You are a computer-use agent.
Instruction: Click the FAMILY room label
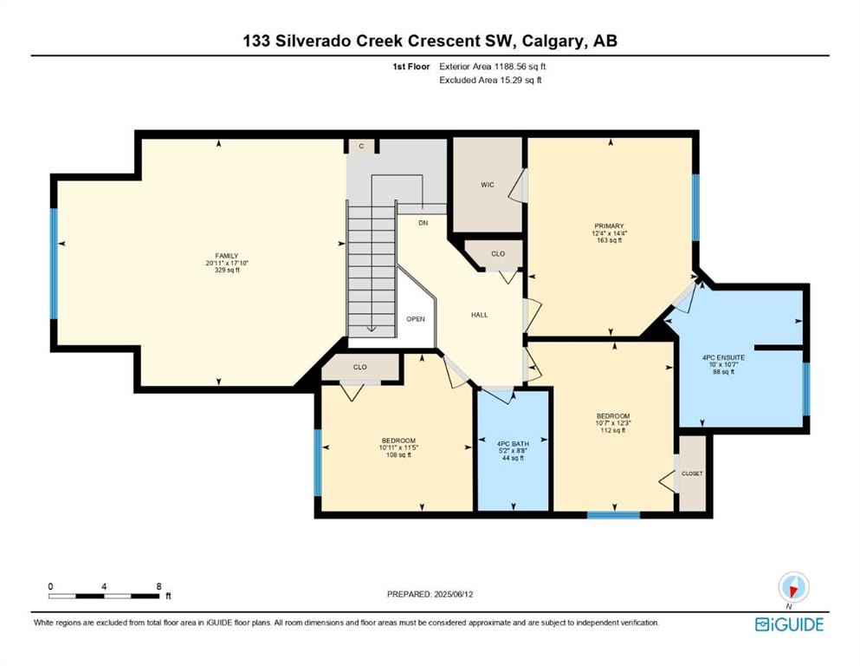(227, 256)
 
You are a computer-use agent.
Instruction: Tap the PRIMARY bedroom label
(610, 226)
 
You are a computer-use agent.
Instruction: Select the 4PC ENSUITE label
(723, 357)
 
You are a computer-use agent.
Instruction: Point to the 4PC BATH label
(513, 444)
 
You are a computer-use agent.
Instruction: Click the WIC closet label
(488, 185)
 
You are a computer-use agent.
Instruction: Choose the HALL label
(479, 315)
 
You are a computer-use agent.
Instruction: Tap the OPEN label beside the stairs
(415, 319)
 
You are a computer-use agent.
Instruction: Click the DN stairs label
(423, 223)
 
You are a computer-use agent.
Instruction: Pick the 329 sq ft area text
(227, 271)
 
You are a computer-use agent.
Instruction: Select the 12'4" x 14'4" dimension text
(610, 233)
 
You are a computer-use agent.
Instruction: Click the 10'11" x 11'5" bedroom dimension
(398, 447)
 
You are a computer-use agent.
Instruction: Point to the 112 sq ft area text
(613, 430)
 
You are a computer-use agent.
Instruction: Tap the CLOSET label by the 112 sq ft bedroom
(692, 473)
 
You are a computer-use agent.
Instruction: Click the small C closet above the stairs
(361, 146)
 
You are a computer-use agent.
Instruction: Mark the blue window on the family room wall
(54, 264)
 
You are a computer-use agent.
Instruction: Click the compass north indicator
(793, 588)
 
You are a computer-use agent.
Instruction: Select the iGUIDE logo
(789, 625)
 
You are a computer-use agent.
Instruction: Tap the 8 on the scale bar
(158, 586)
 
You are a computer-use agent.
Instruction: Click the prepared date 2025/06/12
(453, 594)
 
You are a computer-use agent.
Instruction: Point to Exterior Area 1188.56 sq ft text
(493, 67)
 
